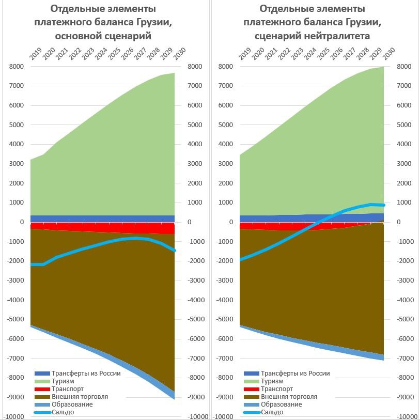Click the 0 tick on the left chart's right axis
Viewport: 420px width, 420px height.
coord(190,222)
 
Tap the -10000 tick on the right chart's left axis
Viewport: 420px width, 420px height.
coord(222,416)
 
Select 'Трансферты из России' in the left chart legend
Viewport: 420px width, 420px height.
coord(85,373)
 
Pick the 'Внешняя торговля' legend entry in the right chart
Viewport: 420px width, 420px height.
coord(289,396)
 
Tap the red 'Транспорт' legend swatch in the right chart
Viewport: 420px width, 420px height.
coord(251,388)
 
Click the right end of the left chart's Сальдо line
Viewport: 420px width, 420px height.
coord(174,251)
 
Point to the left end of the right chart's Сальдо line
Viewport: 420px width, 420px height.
coord(240,259)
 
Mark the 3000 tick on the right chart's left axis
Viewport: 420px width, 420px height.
coord(225,164)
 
